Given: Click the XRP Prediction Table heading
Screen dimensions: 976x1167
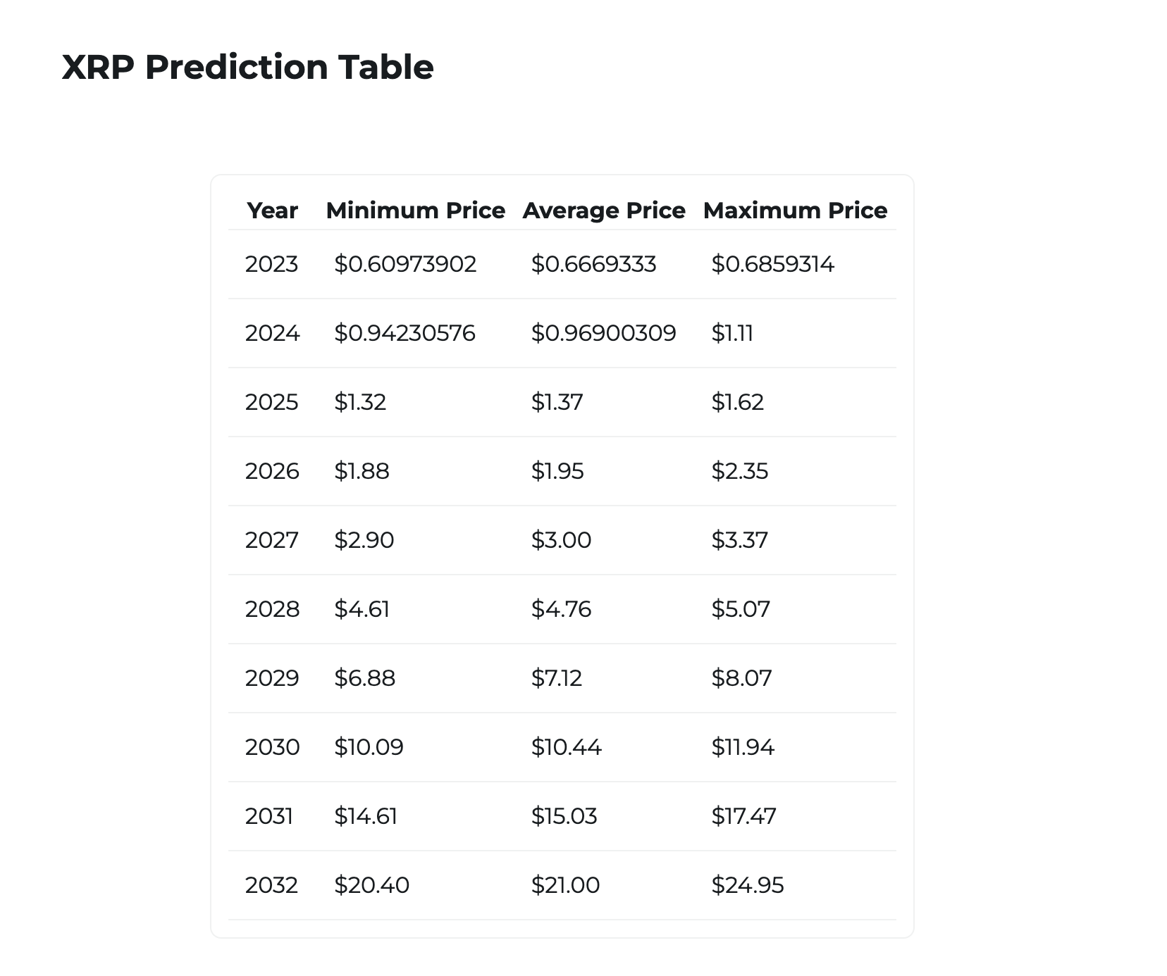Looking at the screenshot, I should click(x=247, y=68).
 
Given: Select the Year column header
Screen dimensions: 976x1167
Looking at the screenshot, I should click(x=272, y=211).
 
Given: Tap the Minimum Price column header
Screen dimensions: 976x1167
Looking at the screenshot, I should click(x=415, y=211).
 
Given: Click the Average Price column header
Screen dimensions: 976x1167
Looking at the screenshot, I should click(x=604, y=211).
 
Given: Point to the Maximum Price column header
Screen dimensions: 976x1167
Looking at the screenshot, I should click(x=795, y=211).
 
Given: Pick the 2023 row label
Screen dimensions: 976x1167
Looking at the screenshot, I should click(x=271, y=264).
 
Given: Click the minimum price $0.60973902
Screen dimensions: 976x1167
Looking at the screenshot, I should click(x=405, y=264).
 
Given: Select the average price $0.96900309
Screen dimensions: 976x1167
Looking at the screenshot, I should click(x=603, y=333).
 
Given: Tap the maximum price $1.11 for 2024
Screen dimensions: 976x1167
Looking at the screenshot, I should click(x=732, y=333).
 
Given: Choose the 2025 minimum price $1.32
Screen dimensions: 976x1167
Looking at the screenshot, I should click(x=360, y=402).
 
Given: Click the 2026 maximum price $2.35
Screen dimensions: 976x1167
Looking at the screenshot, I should click(x=739, y=471).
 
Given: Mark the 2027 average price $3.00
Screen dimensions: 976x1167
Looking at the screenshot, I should click(x=561, y=540).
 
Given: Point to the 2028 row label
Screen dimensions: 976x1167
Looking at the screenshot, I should click(x=272, y=609).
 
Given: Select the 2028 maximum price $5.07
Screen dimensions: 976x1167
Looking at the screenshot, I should click(x=741, y=609).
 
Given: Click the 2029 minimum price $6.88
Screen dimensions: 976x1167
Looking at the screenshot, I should click(x=364, y=678).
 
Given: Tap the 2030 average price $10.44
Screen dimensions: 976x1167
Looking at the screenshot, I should click(x=566, y=747).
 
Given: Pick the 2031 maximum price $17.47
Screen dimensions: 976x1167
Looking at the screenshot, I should click(x=743, y=816).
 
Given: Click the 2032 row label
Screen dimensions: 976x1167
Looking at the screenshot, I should click(x=271, y=885).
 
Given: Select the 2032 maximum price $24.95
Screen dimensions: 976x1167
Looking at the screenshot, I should click(x=747, y=885).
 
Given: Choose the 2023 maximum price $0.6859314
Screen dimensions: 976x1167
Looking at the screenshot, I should click(x=772, y=264).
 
